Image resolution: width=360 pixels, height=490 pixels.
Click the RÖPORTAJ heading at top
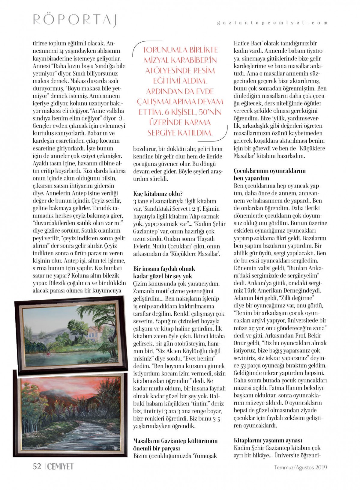(75, 19)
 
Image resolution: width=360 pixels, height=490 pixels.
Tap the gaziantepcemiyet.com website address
(272, 23)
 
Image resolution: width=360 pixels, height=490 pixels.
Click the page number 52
(37, 467)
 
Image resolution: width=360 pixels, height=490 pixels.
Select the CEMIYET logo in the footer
(60, 467)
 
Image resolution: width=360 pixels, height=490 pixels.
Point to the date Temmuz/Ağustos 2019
(301, 467)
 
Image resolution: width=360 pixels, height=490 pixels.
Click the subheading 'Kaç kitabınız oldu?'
(158, 194)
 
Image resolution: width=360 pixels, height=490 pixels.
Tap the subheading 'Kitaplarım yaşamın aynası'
(268, 440)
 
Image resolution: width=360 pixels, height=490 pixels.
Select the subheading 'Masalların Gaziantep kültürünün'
(175, 441)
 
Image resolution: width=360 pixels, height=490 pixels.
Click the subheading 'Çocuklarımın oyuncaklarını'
(269, 171)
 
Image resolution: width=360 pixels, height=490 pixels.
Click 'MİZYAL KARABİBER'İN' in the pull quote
(180, 60)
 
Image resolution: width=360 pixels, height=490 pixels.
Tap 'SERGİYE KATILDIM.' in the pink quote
(180, 133)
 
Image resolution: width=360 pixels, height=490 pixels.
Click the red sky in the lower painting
(60, 387)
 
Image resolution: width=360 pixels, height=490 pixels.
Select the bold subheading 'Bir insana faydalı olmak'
(164, 269)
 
